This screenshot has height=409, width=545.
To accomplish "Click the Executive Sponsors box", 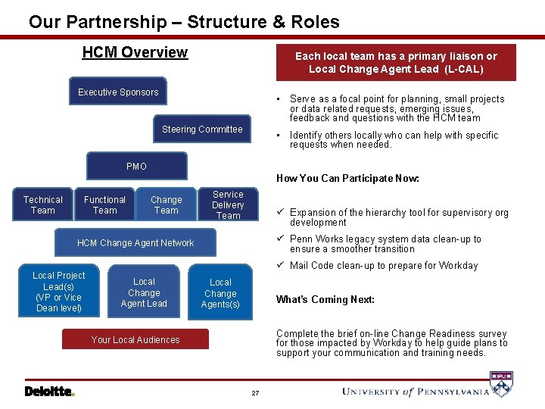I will [x=118, y=92].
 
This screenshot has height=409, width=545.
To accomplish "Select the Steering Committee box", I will [x=202, y=130].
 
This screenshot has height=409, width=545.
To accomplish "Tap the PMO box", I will [x=137, y=166].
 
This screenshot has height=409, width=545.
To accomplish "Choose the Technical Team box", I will [x=43, y=205].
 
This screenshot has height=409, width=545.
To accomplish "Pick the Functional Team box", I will [x=105, y=205].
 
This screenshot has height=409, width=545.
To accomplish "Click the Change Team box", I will [x=167, y=205].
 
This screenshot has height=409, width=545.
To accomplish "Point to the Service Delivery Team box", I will [x=228, y=205].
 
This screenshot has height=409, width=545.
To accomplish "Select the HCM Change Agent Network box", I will [x=136, y=243].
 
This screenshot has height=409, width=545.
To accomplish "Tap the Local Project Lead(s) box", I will [x=59, y=292].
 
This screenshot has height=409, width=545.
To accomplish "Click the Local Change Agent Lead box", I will [x=144, y=292].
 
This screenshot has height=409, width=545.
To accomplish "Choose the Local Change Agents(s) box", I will [x=220, y=293].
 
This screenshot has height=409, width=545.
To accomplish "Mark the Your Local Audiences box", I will [x=135, y=340].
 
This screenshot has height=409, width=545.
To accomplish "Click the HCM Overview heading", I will [x=135, y=52].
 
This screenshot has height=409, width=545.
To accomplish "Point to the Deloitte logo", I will [x=49, y=392].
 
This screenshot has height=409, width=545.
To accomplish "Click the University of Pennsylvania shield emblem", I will [x=501, y=385].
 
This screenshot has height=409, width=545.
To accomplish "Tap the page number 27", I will [x=255, y=393].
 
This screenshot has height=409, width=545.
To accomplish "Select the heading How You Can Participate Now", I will [x=347, y=179].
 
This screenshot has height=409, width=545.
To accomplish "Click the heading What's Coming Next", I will [x=325, y=299].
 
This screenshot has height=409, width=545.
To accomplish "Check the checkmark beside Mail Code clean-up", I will [x=280, y=265].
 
